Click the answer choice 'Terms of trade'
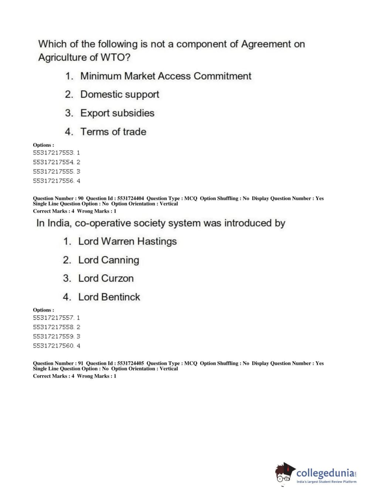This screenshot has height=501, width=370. [113, 132]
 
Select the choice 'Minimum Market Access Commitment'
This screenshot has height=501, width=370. [166, 76]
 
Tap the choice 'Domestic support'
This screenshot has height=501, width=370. [120, 95]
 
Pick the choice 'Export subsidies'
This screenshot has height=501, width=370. [117, 113]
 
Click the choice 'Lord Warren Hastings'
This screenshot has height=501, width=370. [127, 242]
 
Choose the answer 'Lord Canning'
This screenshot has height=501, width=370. [108, 260]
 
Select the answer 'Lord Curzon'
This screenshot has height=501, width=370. [106, 279]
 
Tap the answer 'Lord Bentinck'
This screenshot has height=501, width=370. [109, 297]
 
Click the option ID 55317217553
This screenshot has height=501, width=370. [54, 153]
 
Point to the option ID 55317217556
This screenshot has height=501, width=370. [54, 181]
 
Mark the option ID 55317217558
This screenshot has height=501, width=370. [54, 327]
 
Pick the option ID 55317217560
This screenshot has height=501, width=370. [54, 346]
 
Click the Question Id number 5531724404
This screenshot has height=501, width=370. [130, 198]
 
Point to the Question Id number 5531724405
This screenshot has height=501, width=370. [130, 364]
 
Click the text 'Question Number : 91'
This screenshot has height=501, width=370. [58, 364]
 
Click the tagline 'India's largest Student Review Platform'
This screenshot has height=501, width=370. [326, 482]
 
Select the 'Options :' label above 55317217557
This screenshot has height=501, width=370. [43, 310]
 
